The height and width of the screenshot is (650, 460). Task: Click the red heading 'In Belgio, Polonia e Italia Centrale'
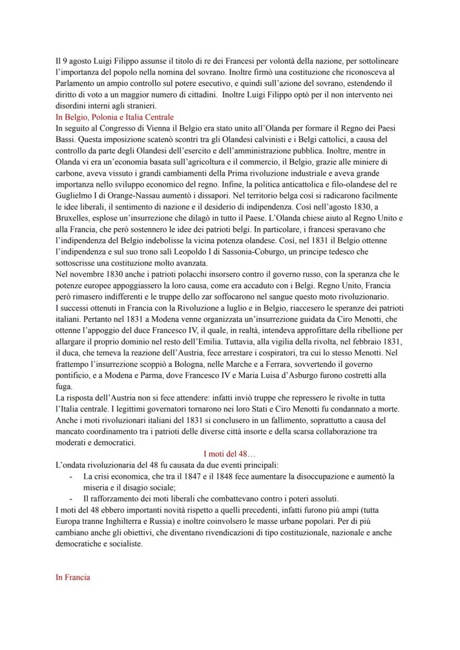pyautogui.click(x=114, y=117)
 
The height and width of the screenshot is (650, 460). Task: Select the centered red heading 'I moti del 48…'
pyautogui.click(x=229, y=454)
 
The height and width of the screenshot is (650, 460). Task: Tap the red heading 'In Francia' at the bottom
pyautogui.click(x=73, y=578)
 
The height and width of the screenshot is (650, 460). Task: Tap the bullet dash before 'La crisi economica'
pyautogui.click(x=71, y=477)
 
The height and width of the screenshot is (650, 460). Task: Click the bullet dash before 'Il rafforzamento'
pyautogui.click(x=71, y=499)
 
